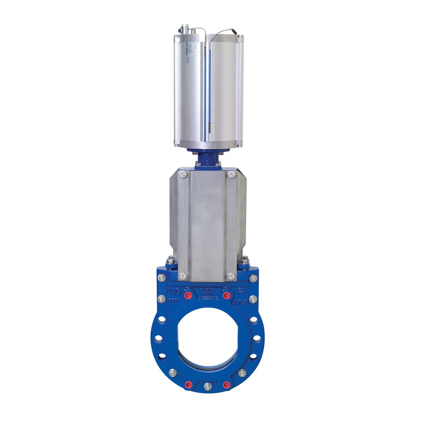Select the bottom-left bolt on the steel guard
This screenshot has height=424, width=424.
(182, 276)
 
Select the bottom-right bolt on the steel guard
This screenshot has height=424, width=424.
(232, 276)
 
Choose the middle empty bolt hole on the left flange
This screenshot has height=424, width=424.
(158, 338)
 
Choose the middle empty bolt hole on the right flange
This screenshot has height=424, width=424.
(257, 338)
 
